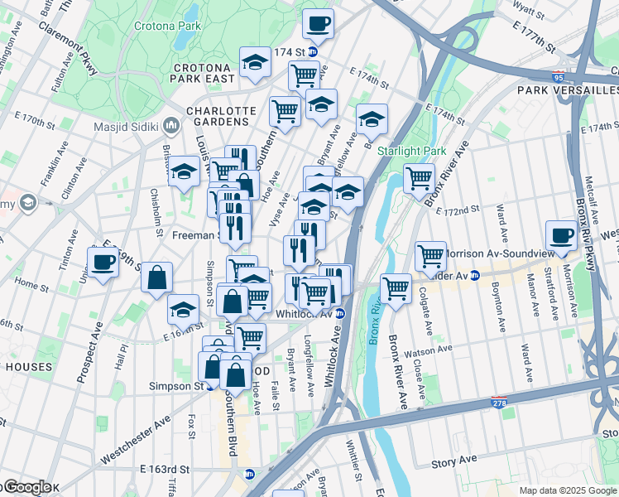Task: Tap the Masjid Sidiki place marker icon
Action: click(172, 127)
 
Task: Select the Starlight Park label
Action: click(411, 151)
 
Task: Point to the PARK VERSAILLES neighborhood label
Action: click(568, 89)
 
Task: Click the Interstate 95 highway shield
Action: click(559, 75)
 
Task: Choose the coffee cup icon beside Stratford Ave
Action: click(561, 234)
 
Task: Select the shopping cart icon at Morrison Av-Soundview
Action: click(430, 255)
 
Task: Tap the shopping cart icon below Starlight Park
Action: click(420, 176)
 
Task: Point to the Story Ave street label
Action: click(453, 460)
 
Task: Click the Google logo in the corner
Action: click(26, 487)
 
